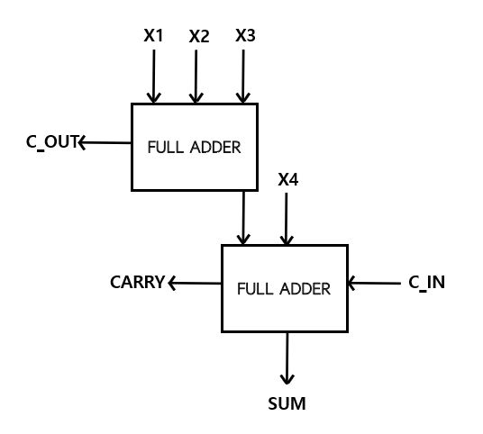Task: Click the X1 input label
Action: (153, 35)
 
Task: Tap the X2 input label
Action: (199, 36)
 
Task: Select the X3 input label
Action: (245, 35)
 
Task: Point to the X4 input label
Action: (288, 179)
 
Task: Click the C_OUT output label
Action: (52, 142)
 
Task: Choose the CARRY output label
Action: (137, 282)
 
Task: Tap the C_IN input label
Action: (426, 283)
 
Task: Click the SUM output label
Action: (287, 403)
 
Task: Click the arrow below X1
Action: (153, 77)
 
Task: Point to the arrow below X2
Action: (196, 77)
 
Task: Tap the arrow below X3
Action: (243, 77)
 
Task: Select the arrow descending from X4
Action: (287, 219)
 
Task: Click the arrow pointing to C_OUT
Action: (105, 143)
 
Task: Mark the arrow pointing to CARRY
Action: (195, 283)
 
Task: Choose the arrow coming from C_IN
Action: (374, 283)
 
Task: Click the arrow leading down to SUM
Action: (287, 358)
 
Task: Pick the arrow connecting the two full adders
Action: (243, 218)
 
